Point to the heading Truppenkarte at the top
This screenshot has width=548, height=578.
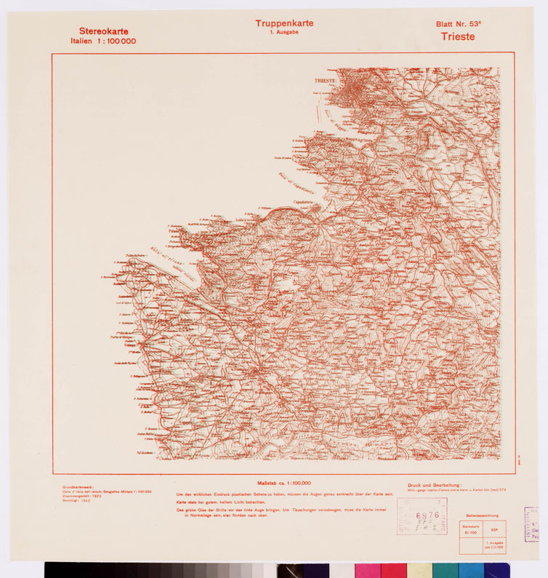(284, 23)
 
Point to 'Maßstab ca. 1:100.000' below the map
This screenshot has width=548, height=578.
(284, 483)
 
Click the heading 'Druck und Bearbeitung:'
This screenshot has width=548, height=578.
(435, 485)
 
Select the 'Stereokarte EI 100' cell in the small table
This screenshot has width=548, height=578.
(471, 529)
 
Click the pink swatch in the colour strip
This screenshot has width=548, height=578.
(367, 570)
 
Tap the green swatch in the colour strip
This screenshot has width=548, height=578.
(445, 570)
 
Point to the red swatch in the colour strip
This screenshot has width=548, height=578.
(393, 570)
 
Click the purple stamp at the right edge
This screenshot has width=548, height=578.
(532, 523)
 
